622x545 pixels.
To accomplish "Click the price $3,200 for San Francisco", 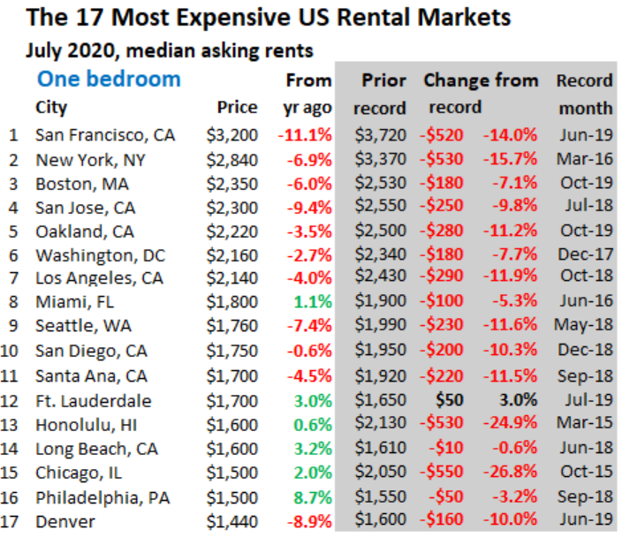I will (x=231, y=135).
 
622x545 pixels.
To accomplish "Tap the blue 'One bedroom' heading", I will (x=109, y=79).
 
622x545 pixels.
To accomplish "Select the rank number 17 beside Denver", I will (x=12, y=521).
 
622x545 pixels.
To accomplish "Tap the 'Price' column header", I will (x=237, y=108).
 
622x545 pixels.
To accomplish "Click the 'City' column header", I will (x=51, y=108).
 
